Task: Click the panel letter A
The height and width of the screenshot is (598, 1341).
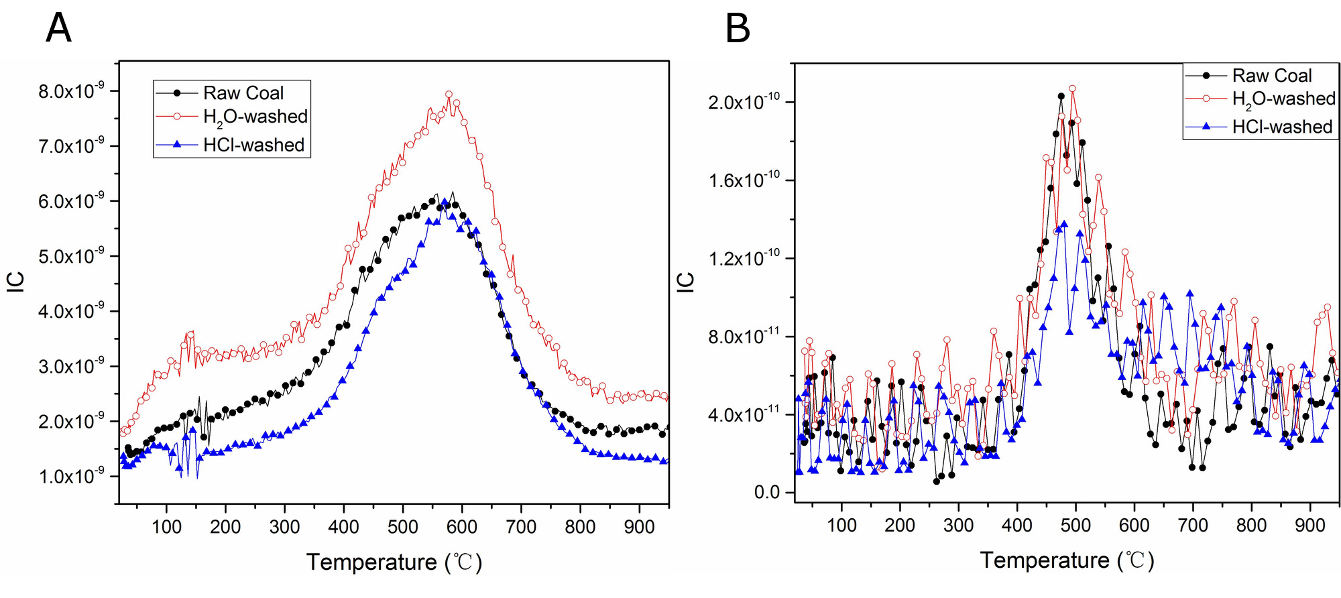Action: pos(58,29)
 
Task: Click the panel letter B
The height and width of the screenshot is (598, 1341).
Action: pos(738,29)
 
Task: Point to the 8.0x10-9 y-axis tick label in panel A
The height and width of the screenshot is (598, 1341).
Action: pos(70,91)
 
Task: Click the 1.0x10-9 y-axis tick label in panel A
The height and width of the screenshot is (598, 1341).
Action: pos(70,476)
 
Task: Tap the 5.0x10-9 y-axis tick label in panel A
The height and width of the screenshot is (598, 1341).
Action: pos(70,256)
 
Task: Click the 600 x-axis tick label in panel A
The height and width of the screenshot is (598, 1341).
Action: pos(461,527)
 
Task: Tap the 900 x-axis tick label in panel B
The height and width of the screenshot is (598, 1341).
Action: pos(1309,525)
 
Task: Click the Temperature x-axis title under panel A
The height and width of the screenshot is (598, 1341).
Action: pos(394,562)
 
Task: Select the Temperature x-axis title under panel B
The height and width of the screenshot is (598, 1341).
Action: pos(1067,560)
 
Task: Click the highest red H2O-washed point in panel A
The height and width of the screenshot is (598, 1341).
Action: pos(449,95)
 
